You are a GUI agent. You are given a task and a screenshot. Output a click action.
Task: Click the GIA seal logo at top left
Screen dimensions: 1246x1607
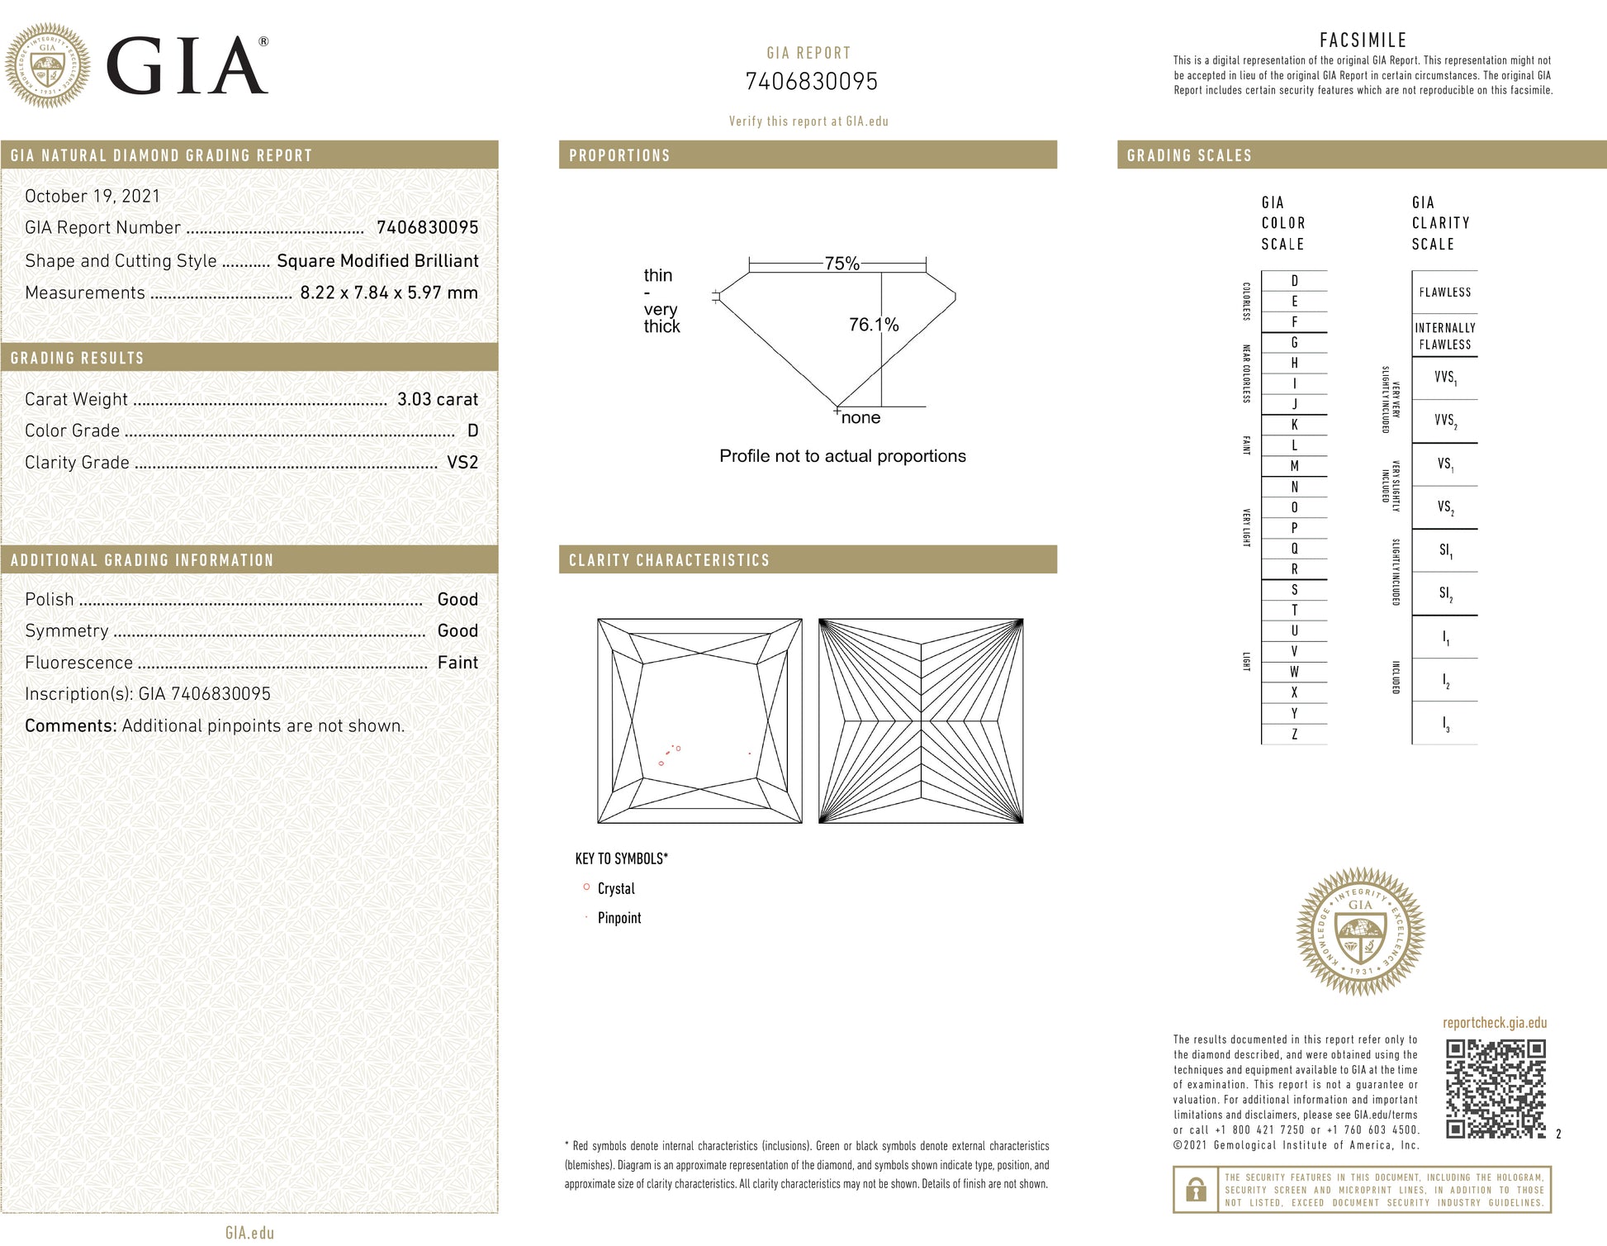pyautogui.click(x=48, y=65)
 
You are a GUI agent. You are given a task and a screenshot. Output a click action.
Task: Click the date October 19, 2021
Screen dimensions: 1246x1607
pyautogui.click(x=92, y=196)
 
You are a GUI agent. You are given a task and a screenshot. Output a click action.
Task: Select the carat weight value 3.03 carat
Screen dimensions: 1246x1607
pyautogui.click(x=437, y=399)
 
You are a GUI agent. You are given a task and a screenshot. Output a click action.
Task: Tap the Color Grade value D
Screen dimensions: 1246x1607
pyautogui.click(x=472, y=430)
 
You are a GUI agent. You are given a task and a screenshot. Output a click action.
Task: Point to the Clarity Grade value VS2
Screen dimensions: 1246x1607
pyautogui.click(x=462, y=463)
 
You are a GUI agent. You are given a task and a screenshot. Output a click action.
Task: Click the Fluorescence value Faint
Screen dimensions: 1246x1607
pyautogui.click(x=457, y=663)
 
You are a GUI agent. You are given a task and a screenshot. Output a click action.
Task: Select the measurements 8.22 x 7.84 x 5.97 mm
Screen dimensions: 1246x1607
pyautogui.click(x=388, y=292)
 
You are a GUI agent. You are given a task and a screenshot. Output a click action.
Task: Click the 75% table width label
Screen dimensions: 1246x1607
pyautogui.click(x=841, y=264)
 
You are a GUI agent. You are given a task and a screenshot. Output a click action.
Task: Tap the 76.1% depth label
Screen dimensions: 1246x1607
pyautogui.click(x=873, y=325)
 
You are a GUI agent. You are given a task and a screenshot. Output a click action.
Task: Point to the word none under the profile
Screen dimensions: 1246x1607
pyautogui.click(x=860, y=418)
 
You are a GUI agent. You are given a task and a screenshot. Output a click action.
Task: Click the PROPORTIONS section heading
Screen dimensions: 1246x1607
pyautogui.click(x=619, y=155)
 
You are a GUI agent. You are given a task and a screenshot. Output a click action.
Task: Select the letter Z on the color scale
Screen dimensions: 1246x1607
pyautogui.click(x=1294, y=735)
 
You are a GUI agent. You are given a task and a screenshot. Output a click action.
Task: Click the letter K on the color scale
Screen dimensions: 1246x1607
pyautogui.click(x=1294, y=425)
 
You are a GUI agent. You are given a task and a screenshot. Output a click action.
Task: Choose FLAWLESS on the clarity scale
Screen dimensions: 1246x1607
pyautogui.click(x=1444, y=292)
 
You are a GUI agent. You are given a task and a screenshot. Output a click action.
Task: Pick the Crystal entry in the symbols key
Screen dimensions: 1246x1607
pyautogui.click(x=616, y=889)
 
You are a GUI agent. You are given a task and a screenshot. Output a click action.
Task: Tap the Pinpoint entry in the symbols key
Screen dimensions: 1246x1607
pyautogui.click(x=619, y=918)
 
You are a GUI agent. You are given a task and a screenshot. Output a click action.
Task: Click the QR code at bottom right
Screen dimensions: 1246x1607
pyautogui.click(x=1495, y=1089)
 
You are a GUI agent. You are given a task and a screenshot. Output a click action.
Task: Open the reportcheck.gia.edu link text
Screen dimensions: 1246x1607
pyautogui.click(x=1494, y=1023)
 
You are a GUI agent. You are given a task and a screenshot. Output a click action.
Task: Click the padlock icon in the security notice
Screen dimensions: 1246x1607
pyautogui.click(x=1195, y=1190)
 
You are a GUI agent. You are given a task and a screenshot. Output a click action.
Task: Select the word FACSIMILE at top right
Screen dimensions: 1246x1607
pyautogui.click(x=1363, y=40)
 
